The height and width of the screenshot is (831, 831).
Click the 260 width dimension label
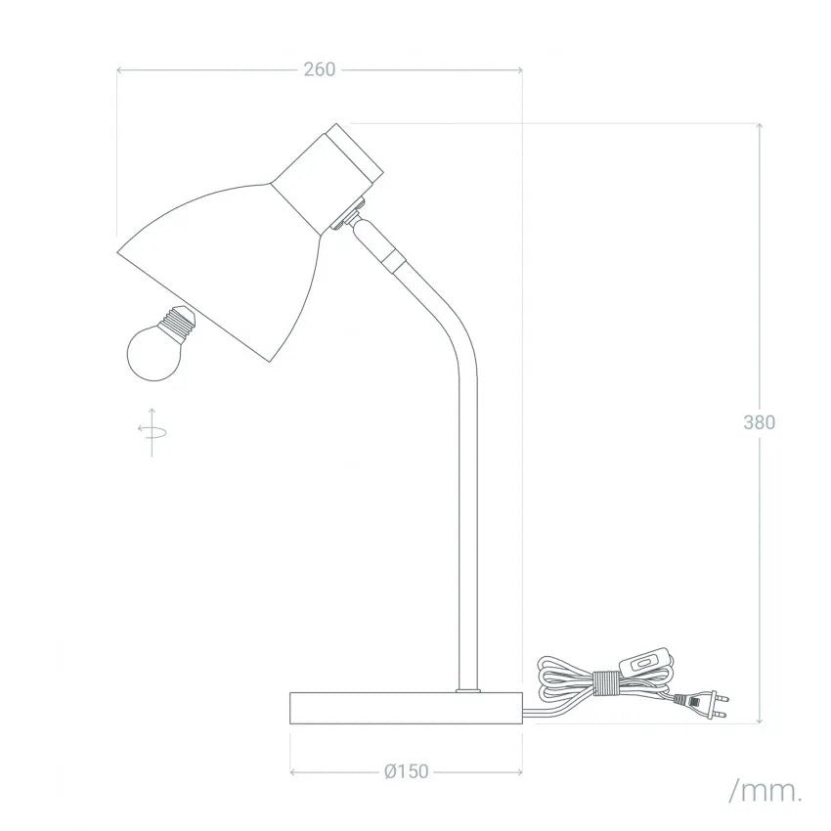tap(320, 69)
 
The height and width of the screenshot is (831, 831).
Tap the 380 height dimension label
tap(759, 422)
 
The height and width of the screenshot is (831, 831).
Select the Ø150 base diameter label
tap(407, 771)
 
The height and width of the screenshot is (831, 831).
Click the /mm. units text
tap(765, 791)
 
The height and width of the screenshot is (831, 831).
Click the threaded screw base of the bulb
tap(179, 322)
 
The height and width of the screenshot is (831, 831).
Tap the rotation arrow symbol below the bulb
tap(153, 432)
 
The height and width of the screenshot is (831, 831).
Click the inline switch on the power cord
tap(643, 663)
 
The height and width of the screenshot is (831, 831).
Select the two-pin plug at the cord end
tap(700, 704)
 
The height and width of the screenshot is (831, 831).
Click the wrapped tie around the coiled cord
tap(606, 683)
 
